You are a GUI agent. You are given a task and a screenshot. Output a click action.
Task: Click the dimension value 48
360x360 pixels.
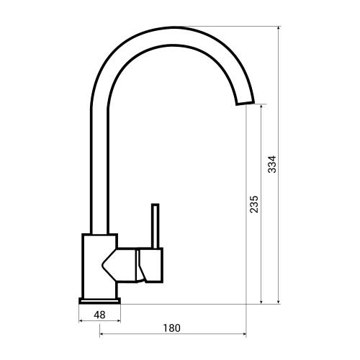(99, 315)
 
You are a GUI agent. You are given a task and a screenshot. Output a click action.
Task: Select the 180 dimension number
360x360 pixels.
(171, 328)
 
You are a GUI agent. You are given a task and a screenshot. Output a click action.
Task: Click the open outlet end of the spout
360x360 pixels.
(245, 104)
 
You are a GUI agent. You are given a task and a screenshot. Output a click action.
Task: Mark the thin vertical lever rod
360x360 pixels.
(153, 226)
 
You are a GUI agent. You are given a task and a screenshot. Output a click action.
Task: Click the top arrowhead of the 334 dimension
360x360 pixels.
(279, 30)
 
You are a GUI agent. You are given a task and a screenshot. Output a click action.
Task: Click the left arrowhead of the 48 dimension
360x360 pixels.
(81, 322)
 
